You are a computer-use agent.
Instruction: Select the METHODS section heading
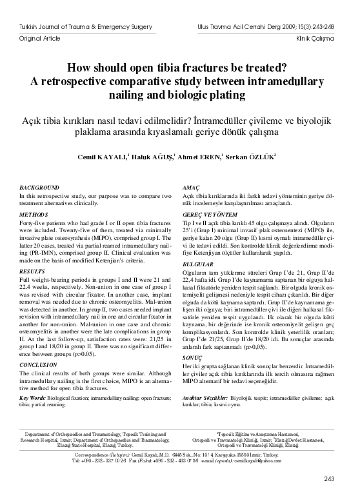tap(33, 213)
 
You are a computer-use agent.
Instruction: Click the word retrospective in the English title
tap(120, 82)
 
